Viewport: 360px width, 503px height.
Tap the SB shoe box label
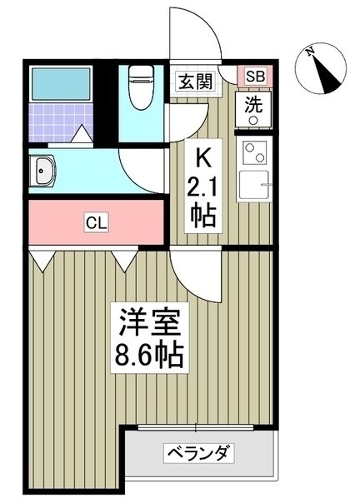tap(256, 77)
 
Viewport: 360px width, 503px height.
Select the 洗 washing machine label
tap(253, 105)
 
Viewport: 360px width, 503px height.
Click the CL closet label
tap(97, 222)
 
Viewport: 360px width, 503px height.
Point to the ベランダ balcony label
tap(199, 453)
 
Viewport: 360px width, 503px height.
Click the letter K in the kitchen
tap(203, 159)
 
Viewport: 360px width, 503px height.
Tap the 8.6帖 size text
tap(149, 355)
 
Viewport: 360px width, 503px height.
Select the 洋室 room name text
tap(150, 322)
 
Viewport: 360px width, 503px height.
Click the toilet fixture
tap(140, 87)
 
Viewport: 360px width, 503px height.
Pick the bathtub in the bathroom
tap(61, 84)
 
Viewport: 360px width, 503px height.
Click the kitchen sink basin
tap(253, 185)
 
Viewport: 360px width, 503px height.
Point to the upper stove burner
tap(248, 147)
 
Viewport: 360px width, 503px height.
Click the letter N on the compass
tap(310, 52)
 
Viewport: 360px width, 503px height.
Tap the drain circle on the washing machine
tap(253, 121)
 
